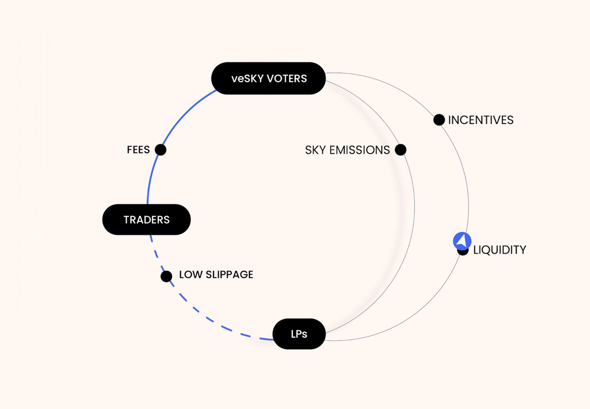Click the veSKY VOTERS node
point(268,78)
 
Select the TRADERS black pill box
point(146,219)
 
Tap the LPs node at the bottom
point(299,334)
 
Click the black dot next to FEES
point(161,150)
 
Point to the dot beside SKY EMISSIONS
point(400,150)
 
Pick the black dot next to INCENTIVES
point(439,120)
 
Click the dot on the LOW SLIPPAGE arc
point(166,276)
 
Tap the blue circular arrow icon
point(462,241)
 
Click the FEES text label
point(138,150)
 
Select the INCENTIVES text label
point(481,120)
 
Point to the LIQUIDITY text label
point(499,250)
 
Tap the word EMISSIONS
point(359,150)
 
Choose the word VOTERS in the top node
point(287,78)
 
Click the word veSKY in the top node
point(248,78)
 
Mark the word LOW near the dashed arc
point(191,275)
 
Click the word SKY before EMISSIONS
point(315,150)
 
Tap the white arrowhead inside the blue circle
point(461,241)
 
